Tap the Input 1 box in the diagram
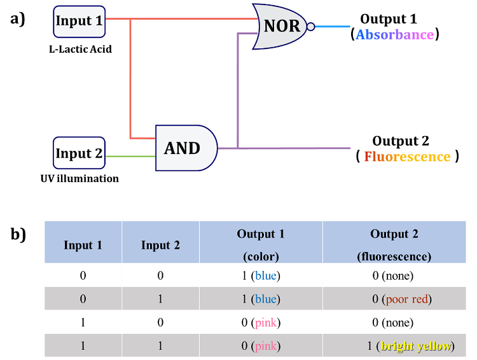coord(79,22)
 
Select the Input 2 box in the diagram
coord(79,153)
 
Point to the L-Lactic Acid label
coord(80,49)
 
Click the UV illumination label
coord(79,178)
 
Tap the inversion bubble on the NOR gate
coord(310,27)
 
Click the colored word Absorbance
coord(394,34)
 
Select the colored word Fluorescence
coord(407,156)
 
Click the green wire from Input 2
coord(130,156)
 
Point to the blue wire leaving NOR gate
coord(332,27)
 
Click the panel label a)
coord(18,19)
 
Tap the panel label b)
coord(18,235)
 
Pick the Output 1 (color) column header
coord(261,245)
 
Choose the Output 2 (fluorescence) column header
coord(394,245)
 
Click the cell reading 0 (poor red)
coord(402,299)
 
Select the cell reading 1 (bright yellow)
coord(411,346)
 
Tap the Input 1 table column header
coord(83,245)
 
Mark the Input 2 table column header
coord(160,245)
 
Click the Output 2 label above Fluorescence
coord(401,141)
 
